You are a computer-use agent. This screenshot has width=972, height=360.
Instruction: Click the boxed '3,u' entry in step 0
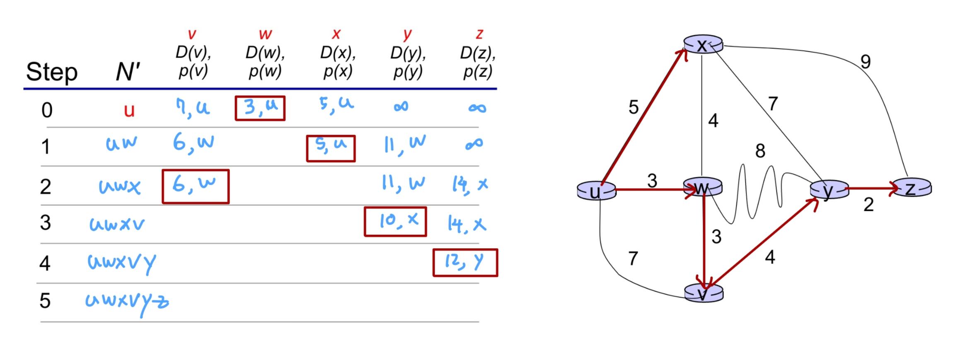tap(260, 108)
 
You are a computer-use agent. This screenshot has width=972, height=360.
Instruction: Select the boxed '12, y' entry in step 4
tap(465, 263)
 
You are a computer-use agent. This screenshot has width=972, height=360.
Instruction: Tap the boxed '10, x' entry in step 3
tap(395, 222)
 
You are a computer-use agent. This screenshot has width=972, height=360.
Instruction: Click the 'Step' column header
tap(52, 72)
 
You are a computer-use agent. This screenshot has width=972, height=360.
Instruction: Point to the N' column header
tap(128, 72)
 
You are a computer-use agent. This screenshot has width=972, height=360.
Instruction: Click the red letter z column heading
tap(479, 34)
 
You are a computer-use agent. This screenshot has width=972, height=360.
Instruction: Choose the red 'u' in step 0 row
tap(129, 110)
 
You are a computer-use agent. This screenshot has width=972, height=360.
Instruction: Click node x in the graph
tap(703, 45)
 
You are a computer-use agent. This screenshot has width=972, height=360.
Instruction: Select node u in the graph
tap(596, 191)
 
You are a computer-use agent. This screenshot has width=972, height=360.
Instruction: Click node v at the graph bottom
tap(703, 294)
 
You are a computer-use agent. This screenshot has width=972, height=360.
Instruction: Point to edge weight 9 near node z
tap(866, 62)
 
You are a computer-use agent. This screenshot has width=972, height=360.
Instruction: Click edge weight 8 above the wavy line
tap(760, 151)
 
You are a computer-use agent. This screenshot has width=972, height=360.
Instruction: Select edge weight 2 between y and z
tap(868, 205)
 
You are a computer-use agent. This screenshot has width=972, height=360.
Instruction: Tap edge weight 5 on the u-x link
tap(633, 108)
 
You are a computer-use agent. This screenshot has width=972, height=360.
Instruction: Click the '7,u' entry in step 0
tap(193, 108)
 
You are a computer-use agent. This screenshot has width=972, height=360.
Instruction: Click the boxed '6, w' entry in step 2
tap(196, 186)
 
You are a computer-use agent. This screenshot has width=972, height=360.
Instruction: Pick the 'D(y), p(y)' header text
tap(408, 62)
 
